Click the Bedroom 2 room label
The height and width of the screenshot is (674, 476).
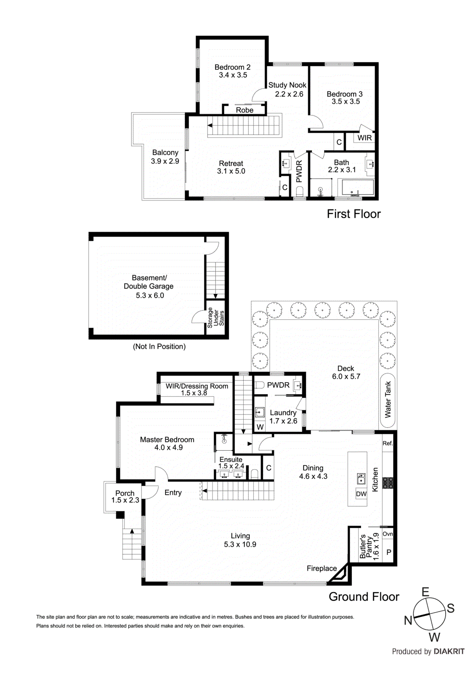(232, 67)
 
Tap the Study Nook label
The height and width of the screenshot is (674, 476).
(287, 85)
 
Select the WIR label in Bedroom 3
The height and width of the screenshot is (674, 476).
(364, 138)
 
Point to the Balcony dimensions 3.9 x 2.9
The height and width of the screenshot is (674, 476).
(165, 161)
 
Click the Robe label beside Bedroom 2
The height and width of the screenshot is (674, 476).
(245, 110)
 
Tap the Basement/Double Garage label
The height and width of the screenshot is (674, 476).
(149, 282)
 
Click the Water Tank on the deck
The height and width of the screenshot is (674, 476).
(388, 399)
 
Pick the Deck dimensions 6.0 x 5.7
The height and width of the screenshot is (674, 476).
(346, 377)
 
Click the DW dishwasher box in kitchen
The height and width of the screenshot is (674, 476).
(361, 494)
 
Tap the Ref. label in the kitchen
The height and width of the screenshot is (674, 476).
(388, 443)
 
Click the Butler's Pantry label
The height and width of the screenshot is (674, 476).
(366, 546)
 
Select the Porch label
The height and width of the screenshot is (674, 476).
(125, 493)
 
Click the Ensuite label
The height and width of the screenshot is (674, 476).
(231, 460)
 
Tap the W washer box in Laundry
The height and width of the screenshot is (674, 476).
(260, 427)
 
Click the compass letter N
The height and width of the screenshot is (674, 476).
(408, 621)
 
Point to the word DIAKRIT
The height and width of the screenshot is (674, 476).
(449, 651)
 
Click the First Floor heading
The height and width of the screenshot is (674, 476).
(354, 214)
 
